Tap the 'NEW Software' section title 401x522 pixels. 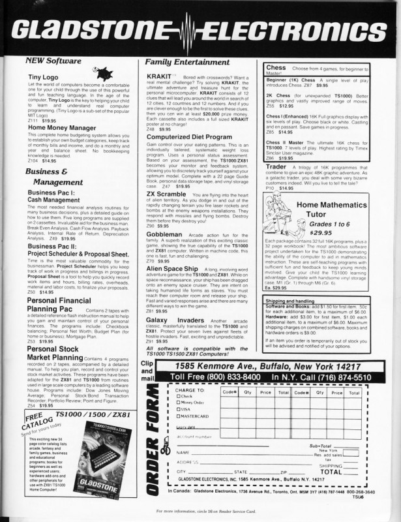[53, 61]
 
